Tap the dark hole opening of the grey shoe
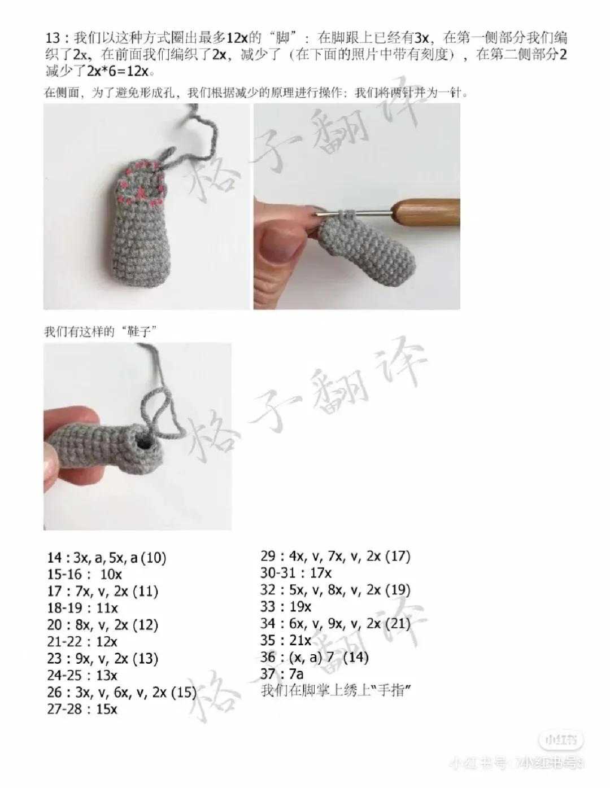tap(146, 445)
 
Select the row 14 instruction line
tap(107, 558)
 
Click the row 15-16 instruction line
tap(85, 575)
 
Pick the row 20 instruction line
tap(103, 625)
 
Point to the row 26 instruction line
tap(121, 692)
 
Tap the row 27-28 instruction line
tap(82, 709)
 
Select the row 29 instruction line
tap(335, 556)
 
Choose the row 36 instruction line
tap(315, 657)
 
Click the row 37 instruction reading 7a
tap(282, 674)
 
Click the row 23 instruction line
tap(103, 659)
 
